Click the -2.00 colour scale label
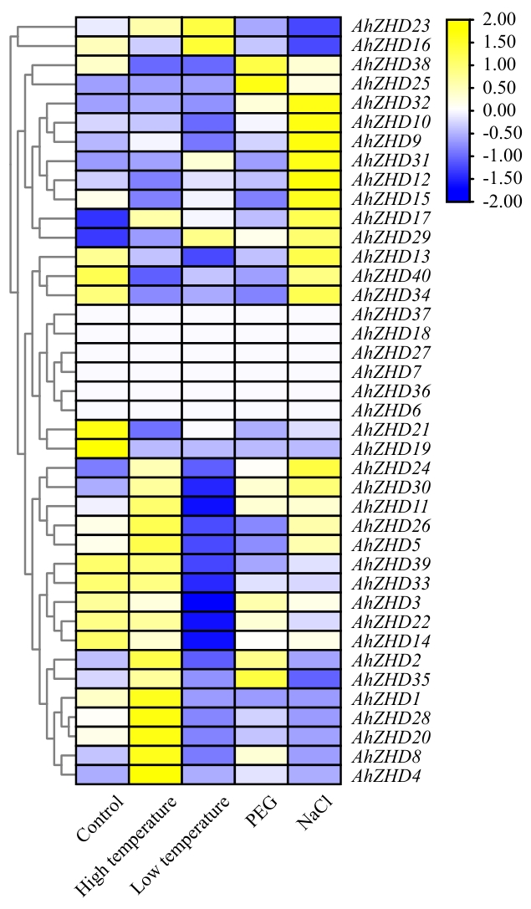[x=498, y=201]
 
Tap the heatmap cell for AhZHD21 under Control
[x=102, y=430]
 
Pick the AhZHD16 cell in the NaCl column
[x=314, y=45]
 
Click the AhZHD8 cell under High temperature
[x=155, y=757]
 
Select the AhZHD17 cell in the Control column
[x=102, y=218]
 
